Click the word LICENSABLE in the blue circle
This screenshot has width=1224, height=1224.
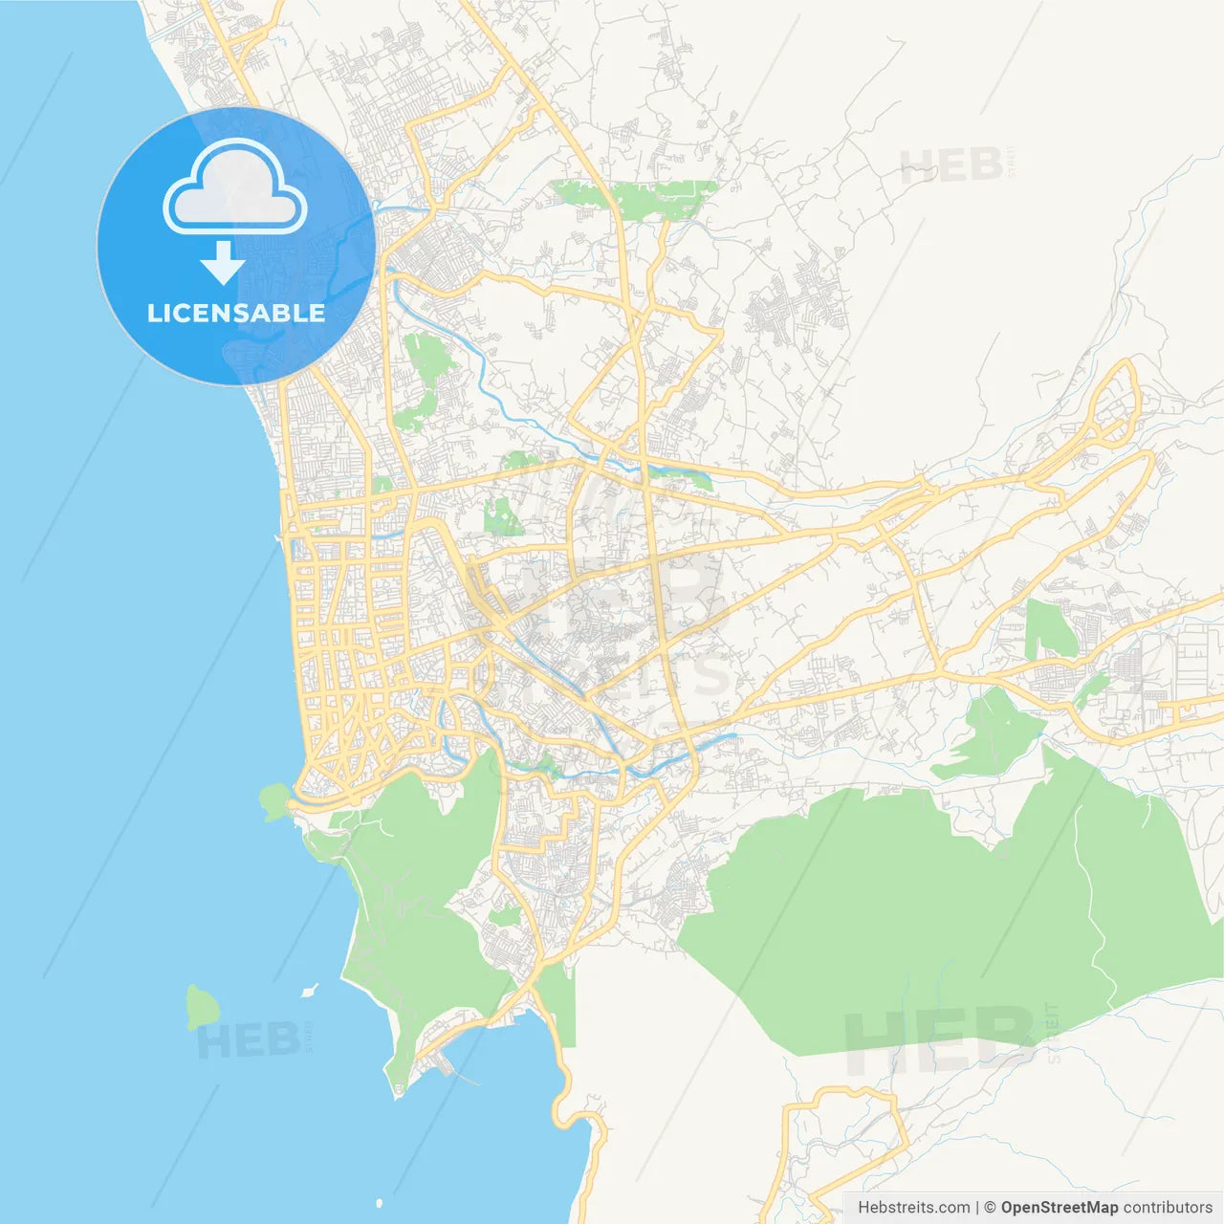[x=235, y=314]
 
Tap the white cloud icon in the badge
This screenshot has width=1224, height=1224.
[x=235, y=189]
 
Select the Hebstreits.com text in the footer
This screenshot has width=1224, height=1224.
[x=913, y=1208]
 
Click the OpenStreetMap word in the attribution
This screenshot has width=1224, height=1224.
[x=1060, y=1208]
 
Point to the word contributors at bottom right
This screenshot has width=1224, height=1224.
[x=1167, y=1208]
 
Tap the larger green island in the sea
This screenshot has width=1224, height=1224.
[x=202, y=1007]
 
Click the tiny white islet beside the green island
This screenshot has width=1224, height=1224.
[x=309, y=991]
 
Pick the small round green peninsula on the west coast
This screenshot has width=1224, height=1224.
[x=274, y=799]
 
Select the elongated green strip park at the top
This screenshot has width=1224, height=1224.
[x=636, y=197]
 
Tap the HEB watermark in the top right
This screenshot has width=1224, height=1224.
[x=951, y=166]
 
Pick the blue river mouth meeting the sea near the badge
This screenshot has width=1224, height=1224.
[x=379, y=207]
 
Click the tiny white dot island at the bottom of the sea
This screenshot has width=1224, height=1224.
[x=380, y=1203]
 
